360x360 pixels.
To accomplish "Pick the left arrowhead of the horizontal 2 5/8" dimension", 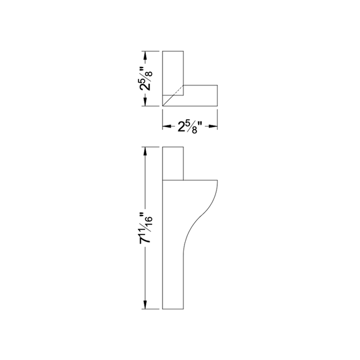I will pos(166,127).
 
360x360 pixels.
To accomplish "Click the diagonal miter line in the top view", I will pos(173,96).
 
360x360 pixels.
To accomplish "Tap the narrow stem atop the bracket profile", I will pos(173,163).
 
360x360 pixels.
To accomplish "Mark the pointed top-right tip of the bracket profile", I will pos(217,181).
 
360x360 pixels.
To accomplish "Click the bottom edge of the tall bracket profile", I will pos(173,308).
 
